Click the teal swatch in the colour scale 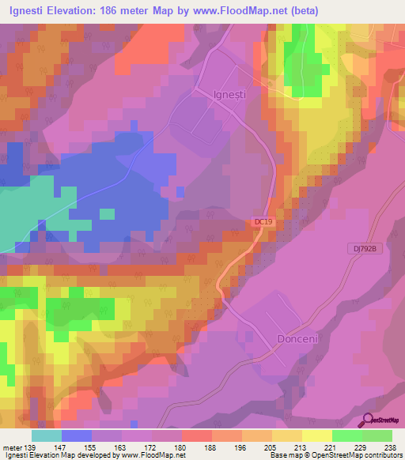point(47,435)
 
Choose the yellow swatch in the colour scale point(317,435)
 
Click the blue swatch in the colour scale point(77,435)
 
